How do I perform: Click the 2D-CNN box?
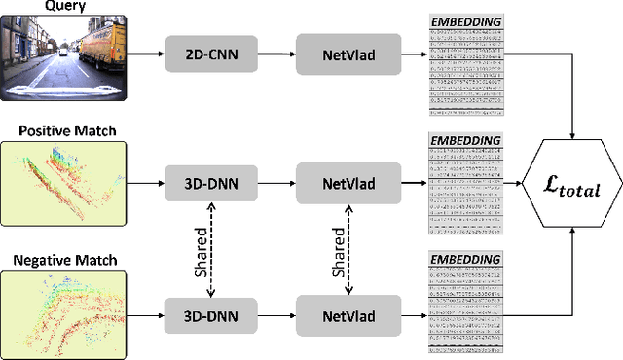pos(212,54)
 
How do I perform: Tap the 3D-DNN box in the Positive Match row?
pos(212,182)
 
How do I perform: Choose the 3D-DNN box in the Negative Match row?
pos(212,316)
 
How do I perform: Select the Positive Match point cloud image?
pos(64,182)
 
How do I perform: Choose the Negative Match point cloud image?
pos(64,315)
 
